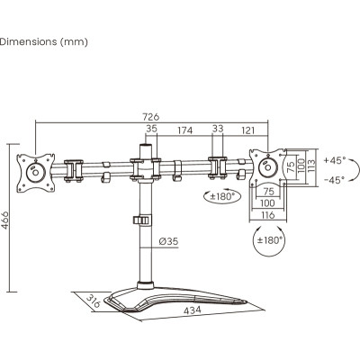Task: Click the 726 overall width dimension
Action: (x=149, y=118)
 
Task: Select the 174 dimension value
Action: (x=184, y=131)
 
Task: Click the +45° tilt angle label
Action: (x=334, y=160)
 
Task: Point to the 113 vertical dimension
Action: (x=310, y=168)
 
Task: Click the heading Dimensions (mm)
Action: (x=42, y=40)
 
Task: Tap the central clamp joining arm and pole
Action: (x=143, y=167)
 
